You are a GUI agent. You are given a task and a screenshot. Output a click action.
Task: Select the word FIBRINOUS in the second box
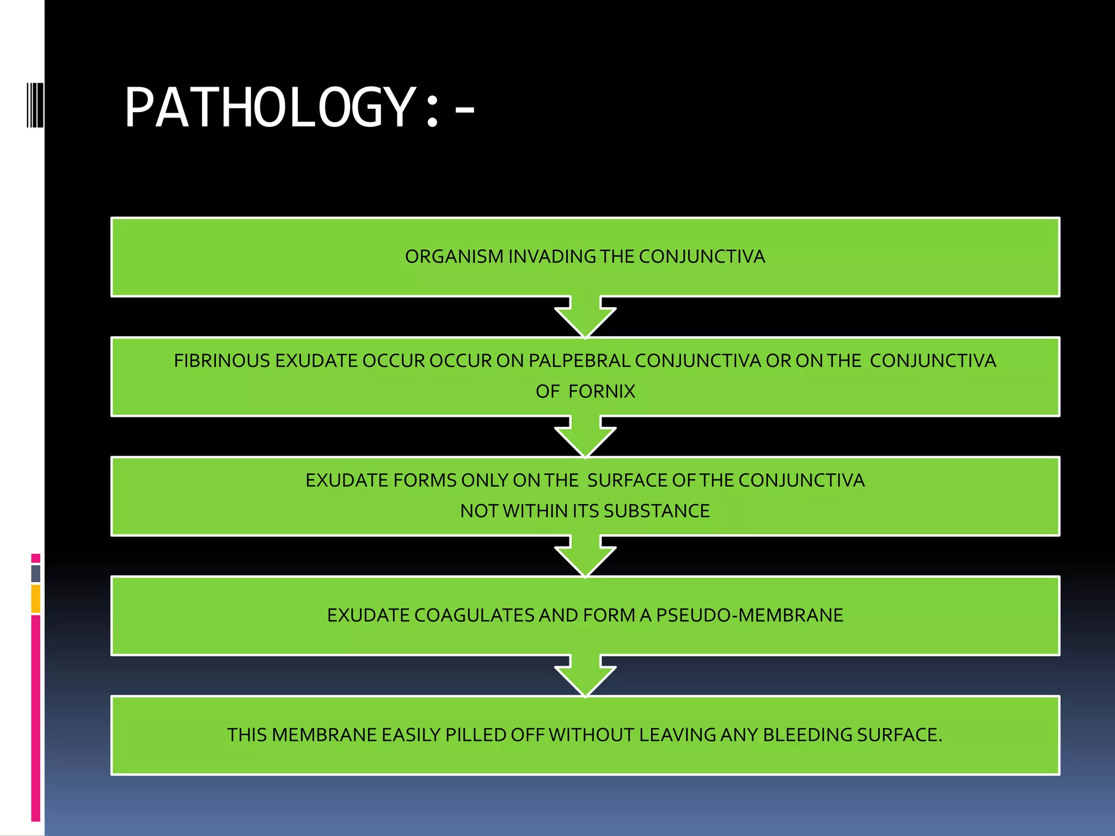(222, 361)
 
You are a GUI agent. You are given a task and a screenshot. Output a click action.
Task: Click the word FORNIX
(602, 391)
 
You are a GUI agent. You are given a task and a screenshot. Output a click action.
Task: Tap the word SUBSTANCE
(656, 511)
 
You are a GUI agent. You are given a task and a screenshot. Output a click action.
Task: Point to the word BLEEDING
(807, 735)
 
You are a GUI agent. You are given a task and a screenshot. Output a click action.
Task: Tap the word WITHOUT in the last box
(591, 735)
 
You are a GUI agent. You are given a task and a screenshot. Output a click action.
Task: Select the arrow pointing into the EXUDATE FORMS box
(585, 438)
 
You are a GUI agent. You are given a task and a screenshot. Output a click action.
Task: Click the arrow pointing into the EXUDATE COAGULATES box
(585, 557)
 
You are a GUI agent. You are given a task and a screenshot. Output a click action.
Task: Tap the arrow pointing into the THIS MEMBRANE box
(585, 677)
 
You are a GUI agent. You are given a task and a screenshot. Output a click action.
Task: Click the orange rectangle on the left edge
(36, 599)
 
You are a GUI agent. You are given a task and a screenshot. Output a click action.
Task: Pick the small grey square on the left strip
(36, 573)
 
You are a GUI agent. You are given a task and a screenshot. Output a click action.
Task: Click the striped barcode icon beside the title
(35, 104)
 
